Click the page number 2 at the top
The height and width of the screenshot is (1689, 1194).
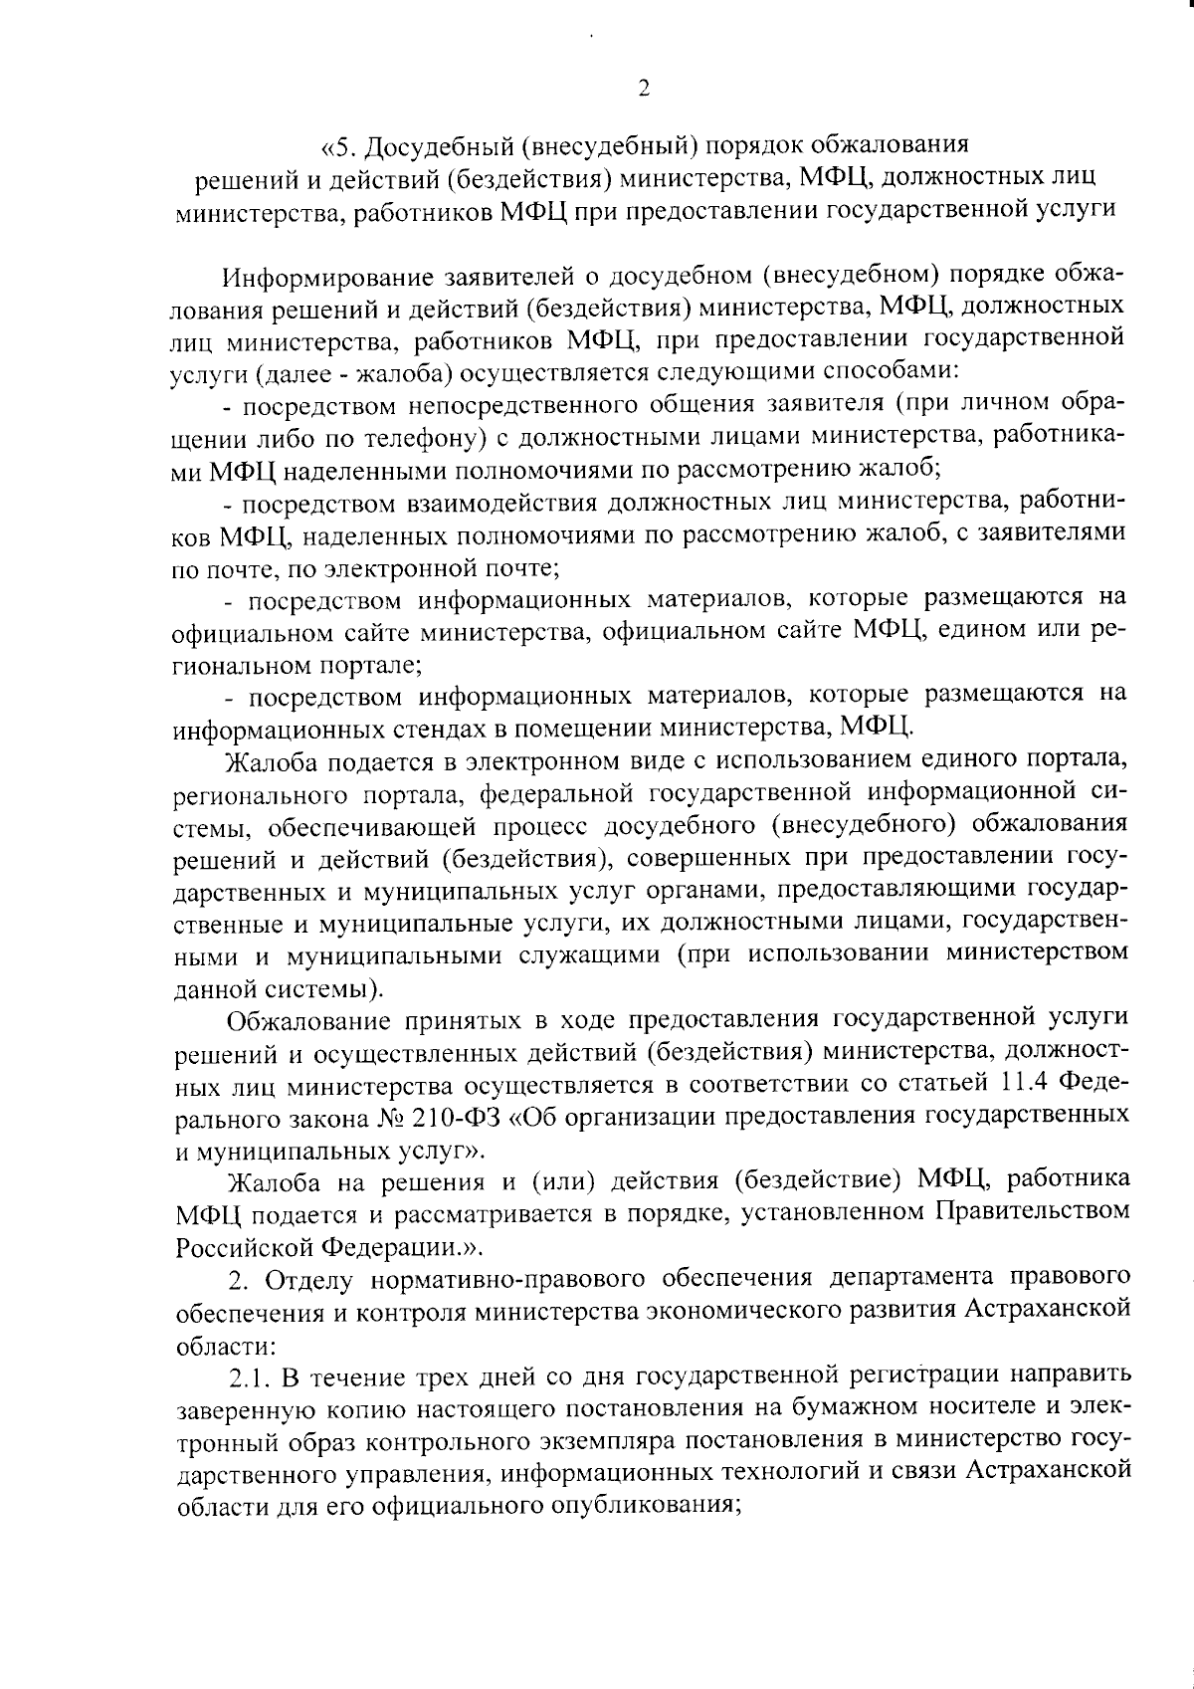pyautogui.click(x=644, y=90)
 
